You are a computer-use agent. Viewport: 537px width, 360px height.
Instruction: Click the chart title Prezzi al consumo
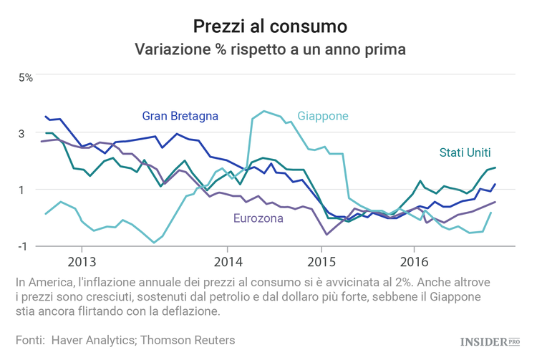pos(270,26)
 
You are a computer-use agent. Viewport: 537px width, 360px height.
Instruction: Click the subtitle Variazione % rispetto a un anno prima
pos(270,50)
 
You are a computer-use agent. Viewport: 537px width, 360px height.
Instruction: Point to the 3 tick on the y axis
pos(22,133)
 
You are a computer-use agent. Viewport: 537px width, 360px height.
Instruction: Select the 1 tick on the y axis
pos(22,190)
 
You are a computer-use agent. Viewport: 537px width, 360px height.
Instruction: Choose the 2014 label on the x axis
pos(228,259)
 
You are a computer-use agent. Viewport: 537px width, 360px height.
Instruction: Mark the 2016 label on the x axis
pos(415,259)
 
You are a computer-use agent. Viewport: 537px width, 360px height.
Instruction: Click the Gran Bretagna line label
pos(180,115)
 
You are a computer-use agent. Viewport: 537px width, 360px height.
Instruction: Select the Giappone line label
pos(323,116)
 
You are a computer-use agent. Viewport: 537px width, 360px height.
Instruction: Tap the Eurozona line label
pos(258,218)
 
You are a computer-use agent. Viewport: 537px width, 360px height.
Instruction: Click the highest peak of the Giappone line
pos(264,111)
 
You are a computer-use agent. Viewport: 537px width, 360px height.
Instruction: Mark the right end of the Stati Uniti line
pos(495,167)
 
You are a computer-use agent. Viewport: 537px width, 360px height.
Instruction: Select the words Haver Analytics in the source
pos(94,340)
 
